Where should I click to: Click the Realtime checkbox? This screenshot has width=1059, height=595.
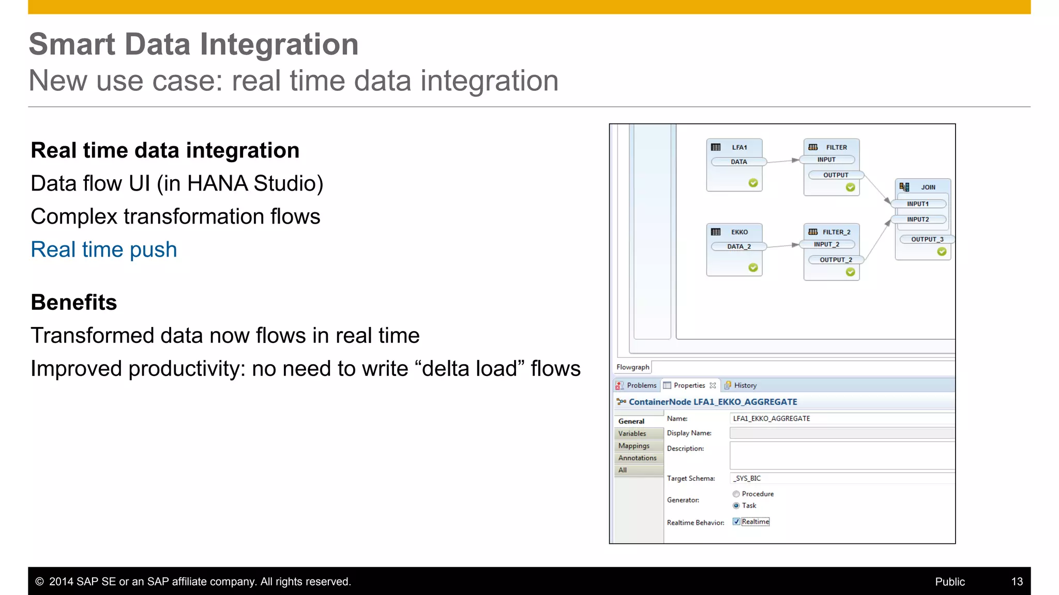pos(736,522)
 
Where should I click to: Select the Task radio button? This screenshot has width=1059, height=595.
pos(736,506)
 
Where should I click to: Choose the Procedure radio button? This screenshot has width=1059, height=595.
pos(736,494)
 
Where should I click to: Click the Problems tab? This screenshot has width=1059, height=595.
pos(641,385)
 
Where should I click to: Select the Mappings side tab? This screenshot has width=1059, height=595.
pos(634,446)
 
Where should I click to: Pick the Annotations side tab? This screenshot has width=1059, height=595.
pos(637,458)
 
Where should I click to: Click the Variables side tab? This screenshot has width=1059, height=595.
pos(632,434)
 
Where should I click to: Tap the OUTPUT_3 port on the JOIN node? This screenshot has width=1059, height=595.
pos(927,239)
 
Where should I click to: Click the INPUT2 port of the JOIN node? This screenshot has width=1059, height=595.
pos(918,220)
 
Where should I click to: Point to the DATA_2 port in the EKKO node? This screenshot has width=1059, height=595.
pos(738,246)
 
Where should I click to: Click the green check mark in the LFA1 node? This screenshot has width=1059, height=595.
pos(753,183)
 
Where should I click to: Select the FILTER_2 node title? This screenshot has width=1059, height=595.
pos(836,232)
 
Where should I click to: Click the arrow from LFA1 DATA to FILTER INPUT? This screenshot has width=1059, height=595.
pos(783,161)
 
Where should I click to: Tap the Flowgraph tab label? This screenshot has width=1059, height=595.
pos(632,367)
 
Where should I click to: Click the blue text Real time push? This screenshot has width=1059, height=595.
pos(104,249)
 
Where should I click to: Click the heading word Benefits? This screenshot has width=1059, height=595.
pos(74,302)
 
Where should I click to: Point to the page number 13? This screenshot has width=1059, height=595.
pos(1017,582)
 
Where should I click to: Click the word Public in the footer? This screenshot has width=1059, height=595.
pos(949,582)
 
